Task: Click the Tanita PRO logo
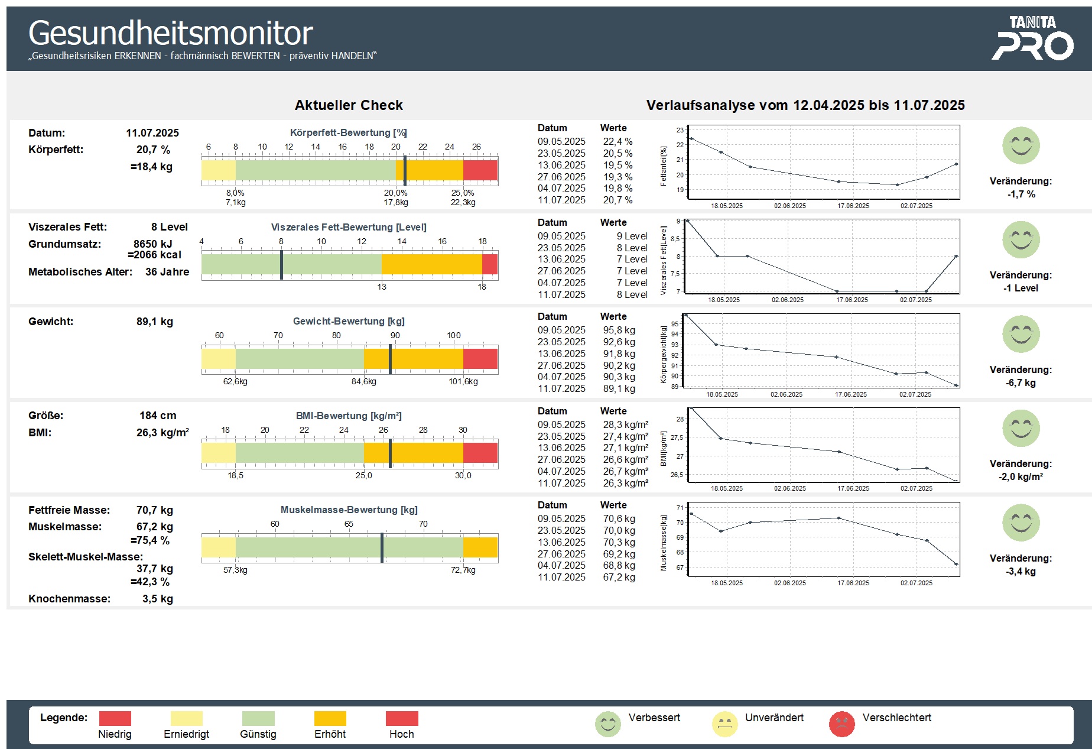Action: click(x=1032, y=39)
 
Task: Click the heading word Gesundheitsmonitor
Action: click(x=170, y=33)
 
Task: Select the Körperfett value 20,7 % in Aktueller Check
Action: click(x=153, y=150)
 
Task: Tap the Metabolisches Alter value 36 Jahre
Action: click(x=167, y=272)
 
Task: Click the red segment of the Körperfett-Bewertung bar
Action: click(x=480, y=170)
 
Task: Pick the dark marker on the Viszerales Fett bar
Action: click(x=281, y=264)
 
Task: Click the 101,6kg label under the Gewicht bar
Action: click(x=463, y=382)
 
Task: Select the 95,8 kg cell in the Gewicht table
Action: click(x=619, y=330)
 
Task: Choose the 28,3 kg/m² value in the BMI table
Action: click(x=625, y=424)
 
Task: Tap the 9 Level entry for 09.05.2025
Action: click(x=632, y=236)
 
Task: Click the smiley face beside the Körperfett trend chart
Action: click(x=1020, y=145)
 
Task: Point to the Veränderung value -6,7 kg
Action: click(x=1020, y=383)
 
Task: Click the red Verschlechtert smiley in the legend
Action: click(x=841, y=724)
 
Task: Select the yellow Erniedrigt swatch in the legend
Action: click(x=186, y=718)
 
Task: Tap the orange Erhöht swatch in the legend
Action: click(x=330, y=718)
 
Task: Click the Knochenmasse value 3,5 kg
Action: click(x=157, y=599)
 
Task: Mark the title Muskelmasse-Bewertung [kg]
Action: click(x=349, y=510)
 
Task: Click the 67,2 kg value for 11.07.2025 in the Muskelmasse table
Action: click(x=619, y=577)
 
